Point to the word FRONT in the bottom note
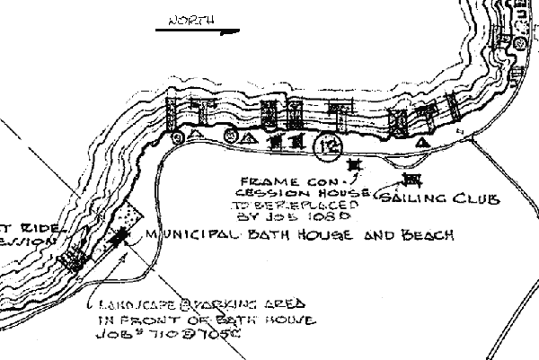click(144, 319)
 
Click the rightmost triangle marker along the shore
click(422, 143)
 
